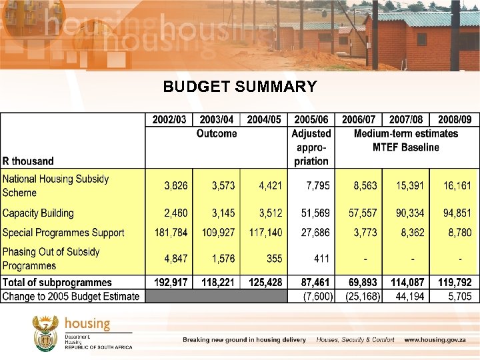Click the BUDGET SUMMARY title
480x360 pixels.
coord(240,87)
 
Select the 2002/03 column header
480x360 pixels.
coord(169,119)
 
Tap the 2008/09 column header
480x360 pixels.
coord(455,119)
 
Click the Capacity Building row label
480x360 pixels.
coord(38,213)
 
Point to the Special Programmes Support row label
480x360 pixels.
coord(63,233)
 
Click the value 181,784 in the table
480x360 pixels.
coord(170,233)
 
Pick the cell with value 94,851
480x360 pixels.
coord(457,213)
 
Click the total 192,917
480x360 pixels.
coord(170,282)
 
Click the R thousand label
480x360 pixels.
coord(28,161)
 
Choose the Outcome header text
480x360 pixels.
coord(217,133)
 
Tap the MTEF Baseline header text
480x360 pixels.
coord(406,147)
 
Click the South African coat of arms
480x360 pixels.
coord(45,333)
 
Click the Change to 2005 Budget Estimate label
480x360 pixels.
coord(71,296)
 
